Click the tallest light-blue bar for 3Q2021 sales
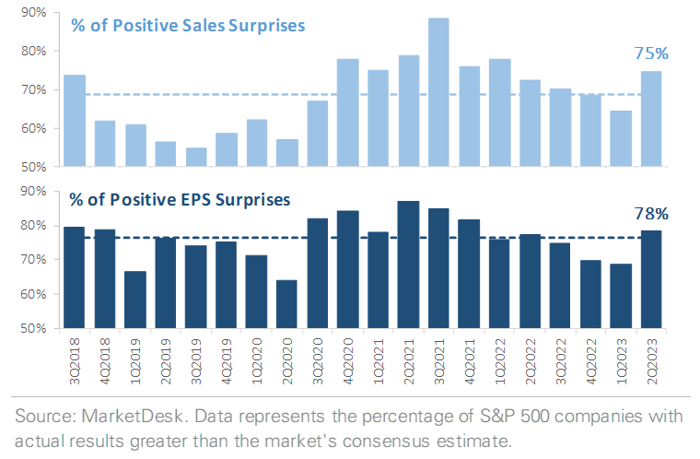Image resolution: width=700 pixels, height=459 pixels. click(x=438, y=92)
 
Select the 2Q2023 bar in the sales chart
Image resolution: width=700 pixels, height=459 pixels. click(x=651, y=119)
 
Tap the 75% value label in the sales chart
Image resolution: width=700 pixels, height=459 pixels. click(x=651, y=53)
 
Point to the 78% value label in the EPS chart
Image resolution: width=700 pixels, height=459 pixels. click(x=651, y=214)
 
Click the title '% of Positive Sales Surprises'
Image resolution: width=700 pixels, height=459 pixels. click(x=188, y=25)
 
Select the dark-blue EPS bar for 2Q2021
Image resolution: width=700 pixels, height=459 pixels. click(x=408, y=265)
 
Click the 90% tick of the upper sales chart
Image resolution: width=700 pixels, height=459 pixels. click(x=35, y=13)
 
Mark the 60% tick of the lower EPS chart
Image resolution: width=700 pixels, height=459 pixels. click(x=35, y=294)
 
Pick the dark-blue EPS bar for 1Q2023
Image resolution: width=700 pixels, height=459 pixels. click(x=621, y=296)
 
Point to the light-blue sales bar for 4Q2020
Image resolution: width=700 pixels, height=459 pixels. click(x=347, y=112)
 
